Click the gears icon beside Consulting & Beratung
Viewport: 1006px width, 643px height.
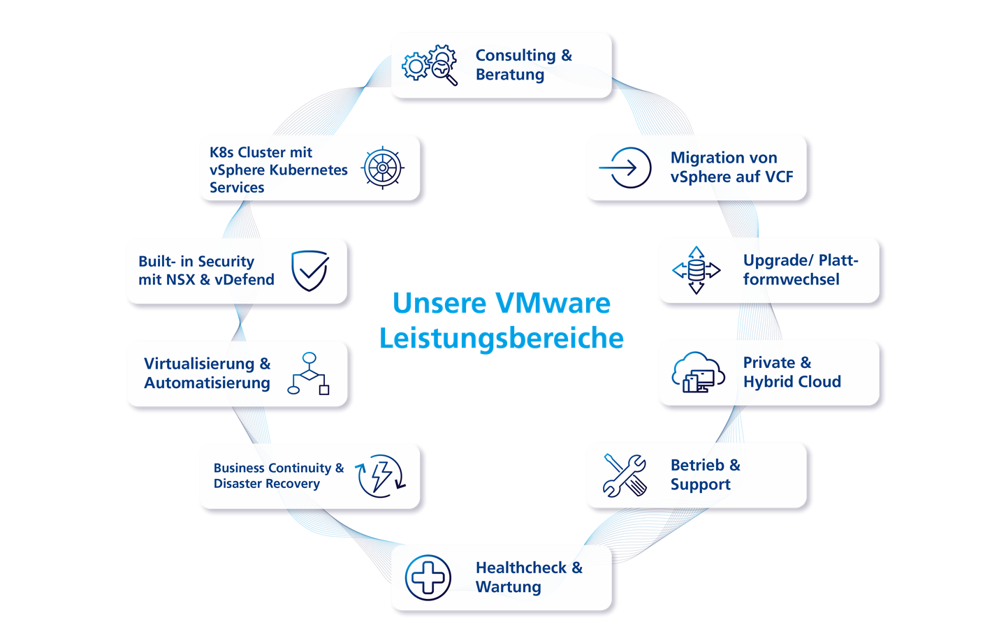[x=430, y=65]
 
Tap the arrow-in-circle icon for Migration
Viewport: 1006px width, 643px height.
[x=626, y=168]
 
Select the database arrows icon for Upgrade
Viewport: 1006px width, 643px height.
[x=696, y=270]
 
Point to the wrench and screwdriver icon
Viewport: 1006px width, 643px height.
[x=625, y=475]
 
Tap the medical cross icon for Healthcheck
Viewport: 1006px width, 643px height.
[x=428, y=577]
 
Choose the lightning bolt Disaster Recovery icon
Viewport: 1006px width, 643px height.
[x=381, y=475]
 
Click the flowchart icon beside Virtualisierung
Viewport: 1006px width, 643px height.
[x=309, y=374]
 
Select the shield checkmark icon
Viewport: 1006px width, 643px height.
[x=310, y=271]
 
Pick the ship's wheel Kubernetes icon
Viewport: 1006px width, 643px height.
[x=383, y=168]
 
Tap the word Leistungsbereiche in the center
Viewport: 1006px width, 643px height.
[x=502, y=339]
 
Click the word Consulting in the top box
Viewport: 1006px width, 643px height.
[x=516, y=55]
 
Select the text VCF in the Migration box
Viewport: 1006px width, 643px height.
[x=779, y=177]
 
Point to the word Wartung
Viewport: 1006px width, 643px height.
[x=508, y=587]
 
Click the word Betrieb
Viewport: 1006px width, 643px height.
[x=697, y=465]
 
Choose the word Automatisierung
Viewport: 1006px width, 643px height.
[x=207, y=383]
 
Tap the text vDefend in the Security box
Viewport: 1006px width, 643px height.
[x=245, y=280]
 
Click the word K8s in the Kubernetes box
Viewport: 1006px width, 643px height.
[x=221, y=152]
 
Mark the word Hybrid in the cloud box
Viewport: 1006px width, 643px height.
[x=766, y=382]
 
